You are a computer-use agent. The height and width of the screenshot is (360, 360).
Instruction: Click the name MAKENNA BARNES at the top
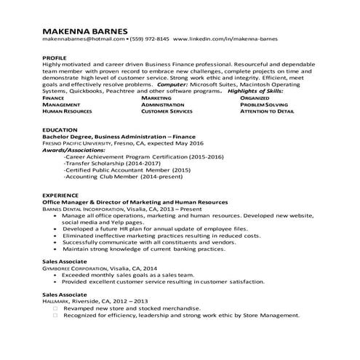pos(85,31)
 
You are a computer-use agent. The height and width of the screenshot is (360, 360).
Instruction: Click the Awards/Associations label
pos(74,150)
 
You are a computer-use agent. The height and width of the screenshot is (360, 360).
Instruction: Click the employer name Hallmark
pos(57,300)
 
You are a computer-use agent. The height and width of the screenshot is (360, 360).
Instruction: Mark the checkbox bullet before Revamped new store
pos(55,308)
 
